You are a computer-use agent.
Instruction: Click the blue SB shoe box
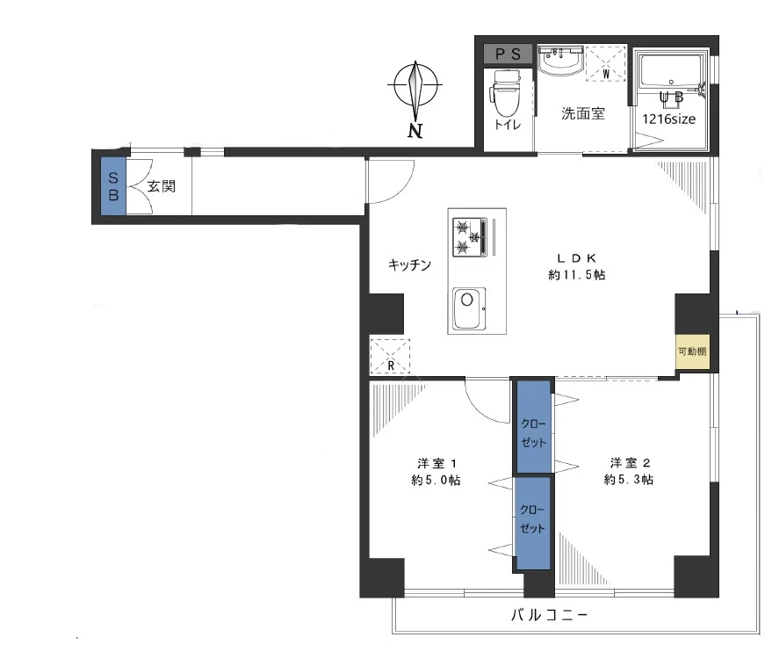[x=113, y=185]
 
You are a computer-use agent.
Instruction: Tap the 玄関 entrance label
[x=162, y=186]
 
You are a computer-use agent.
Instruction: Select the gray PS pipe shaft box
[x=508, y=54]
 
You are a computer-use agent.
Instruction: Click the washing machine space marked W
[x=606, y=63]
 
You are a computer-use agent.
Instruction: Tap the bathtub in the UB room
[x=671, y=74]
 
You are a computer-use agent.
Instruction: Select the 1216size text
[x=668, y=119]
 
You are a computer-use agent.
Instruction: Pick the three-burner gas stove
[x=470, y=237]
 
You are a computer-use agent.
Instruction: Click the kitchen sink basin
[x=469, y=308]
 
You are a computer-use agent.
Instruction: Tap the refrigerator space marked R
[x=390, y=356]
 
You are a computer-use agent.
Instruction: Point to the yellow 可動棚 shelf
[x=692, y=351]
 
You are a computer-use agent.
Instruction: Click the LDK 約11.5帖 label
[x=576, y=266]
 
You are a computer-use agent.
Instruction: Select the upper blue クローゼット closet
[x=534, y=426]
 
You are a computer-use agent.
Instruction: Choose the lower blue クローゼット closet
[x=533, y=523]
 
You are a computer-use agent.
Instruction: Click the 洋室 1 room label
[x=437, y=471]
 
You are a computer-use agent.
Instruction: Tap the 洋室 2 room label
[x=629, y=471]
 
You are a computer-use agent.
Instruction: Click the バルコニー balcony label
[x=549, y=615]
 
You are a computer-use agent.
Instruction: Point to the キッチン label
[x=409, y=264]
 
